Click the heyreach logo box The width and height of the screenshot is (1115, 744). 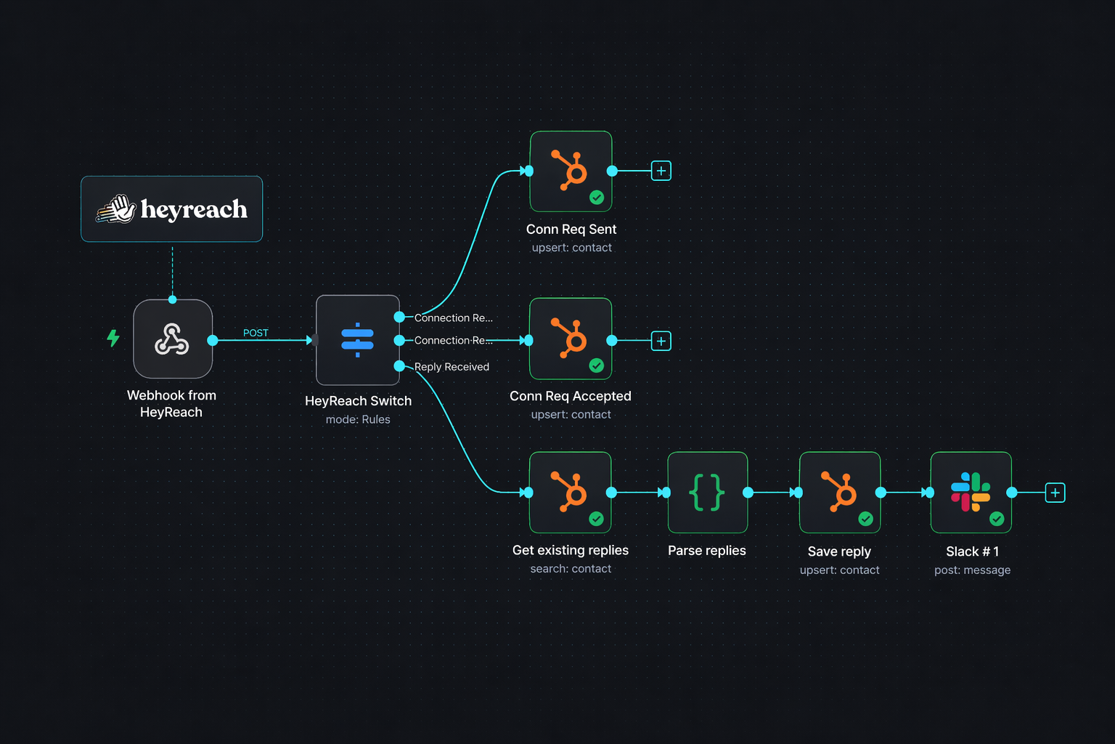171,209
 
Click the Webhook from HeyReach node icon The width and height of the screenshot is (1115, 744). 173,339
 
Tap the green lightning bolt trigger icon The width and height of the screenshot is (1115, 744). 113,338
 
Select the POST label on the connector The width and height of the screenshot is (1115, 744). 256,333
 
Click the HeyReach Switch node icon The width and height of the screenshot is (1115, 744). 357,339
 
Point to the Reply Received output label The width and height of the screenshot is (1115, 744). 452,367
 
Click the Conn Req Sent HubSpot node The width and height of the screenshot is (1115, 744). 571,171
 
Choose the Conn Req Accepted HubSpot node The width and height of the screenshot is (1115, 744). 571,339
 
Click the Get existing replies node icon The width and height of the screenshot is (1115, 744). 571,493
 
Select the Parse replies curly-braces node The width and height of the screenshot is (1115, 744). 707,493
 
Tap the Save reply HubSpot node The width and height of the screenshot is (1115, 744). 839,493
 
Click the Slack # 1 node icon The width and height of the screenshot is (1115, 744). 971,493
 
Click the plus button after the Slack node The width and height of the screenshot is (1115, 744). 1055,493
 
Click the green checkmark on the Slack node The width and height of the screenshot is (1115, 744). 997,519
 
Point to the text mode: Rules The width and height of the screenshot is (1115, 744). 358,419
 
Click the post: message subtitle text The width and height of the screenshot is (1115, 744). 972,570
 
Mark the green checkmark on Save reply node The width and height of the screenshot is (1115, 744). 865,519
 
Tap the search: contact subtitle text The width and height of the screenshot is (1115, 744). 571,569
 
